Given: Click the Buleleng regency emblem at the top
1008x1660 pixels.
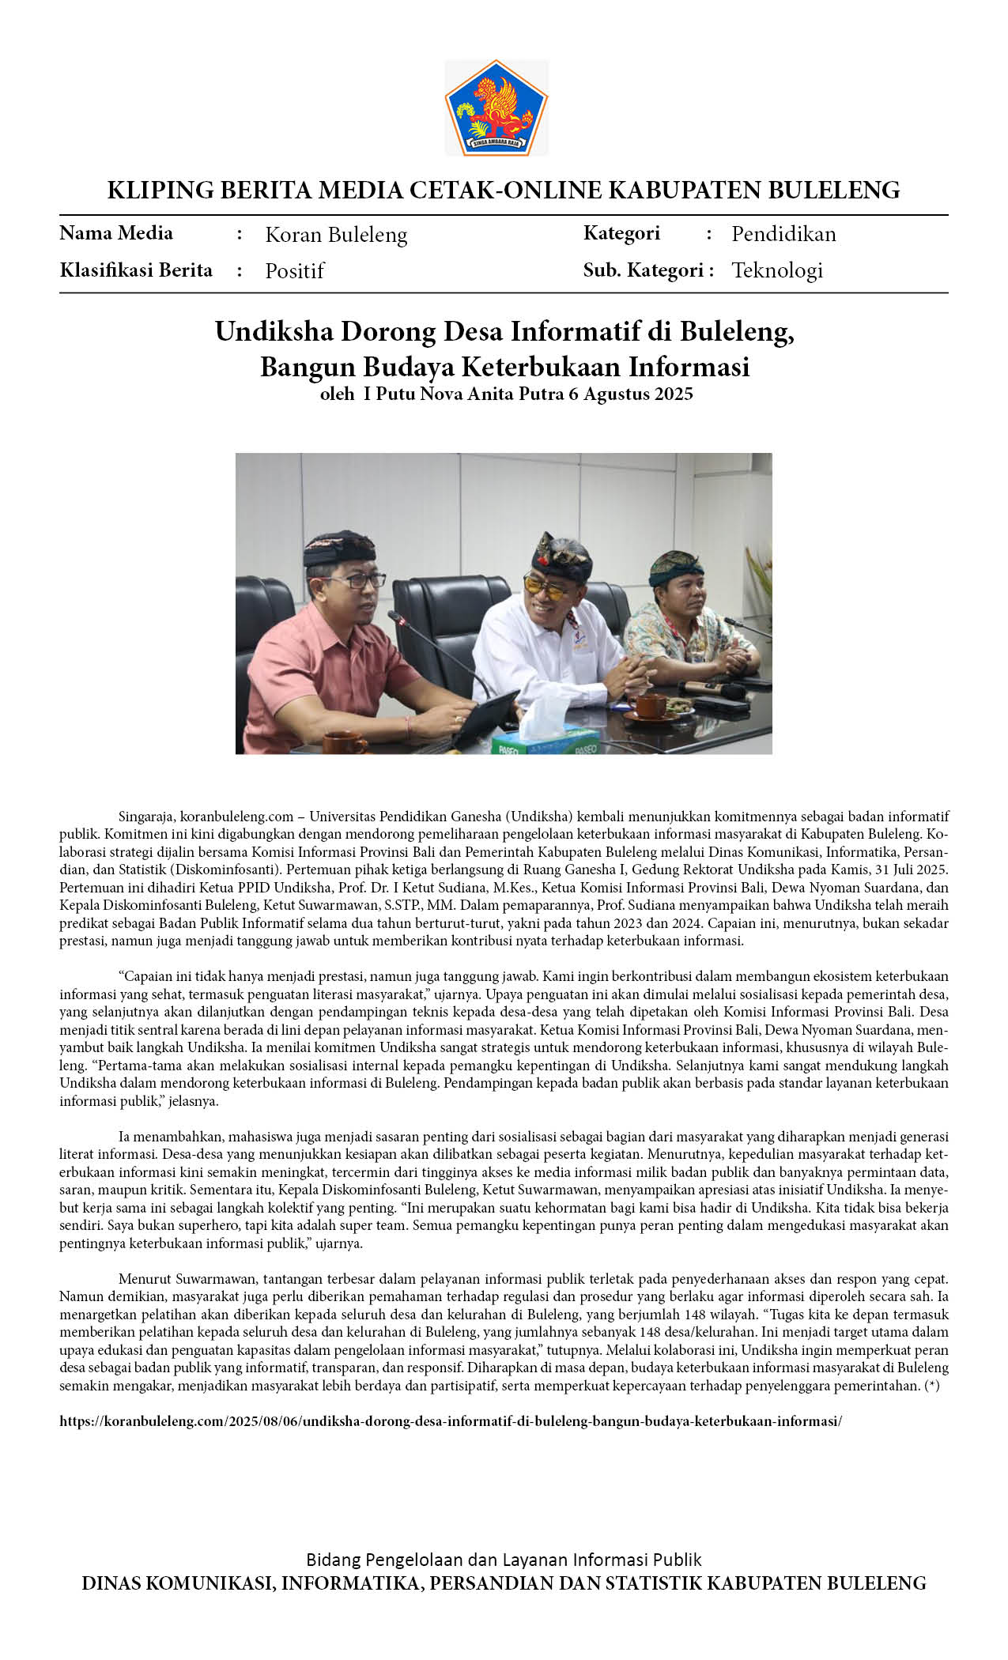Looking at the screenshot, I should click(x=496, y=107).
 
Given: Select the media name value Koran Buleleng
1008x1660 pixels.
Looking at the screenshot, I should click(x=336, y=235).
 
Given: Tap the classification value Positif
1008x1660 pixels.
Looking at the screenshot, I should click(x=294, y=271).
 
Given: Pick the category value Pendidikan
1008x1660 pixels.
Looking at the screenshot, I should click(x=783, y=234).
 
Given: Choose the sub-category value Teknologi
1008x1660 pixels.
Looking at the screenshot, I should click(x=776, y=270).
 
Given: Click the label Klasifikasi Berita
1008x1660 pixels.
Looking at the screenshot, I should click(x=136, y=270).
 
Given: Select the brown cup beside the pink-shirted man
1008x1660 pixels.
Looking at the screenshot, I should click(x=344, y=742).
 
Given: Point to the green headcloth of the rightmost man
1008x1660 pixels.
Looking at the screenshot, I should click(x=674, y=562).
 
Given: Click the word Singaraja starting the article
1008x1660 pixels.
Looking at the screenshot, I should click(x=147, y=817).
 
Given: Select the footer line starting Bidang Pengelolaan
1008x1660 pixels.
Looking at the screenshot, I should click(x=504, y=1560).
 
